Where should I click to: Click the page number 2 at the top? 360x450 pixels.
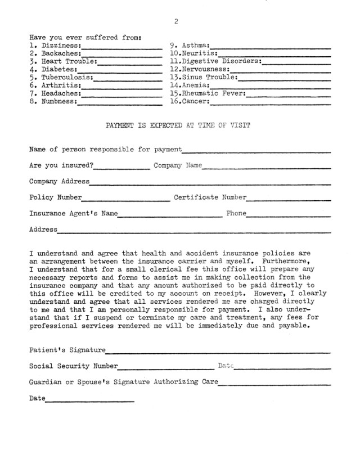pyautogui.click(x=176, y=21)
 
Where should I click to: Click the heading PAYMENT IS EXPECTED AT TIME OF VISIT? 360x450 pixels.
pyautogui.click(x=178, y=126)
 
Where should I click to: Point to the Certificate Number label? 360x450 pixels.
pyautogui.click(x=210, y=197)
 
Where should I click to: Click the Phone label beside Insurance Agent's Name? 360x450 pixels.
pyautogui.click(x=236, y=214)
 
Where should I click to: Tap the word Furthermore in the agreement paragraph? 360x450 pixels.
pyautogui.click(x=285, y=262)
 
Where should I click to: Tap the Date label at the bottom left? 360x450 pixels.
pyautogui.click(x=37, y=398)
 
